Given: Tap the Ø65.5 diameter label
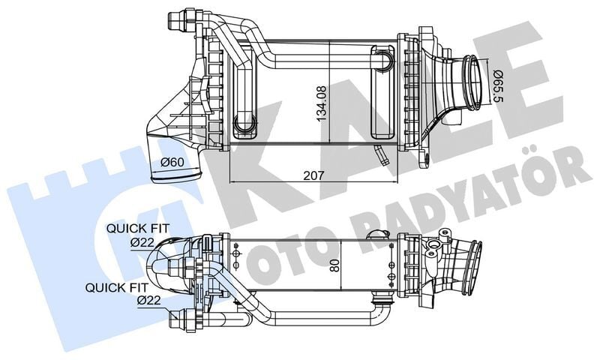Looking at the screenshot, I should click(x=496, y=85).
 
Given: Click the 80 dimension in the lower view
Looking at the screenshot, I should click(x=335, y=265).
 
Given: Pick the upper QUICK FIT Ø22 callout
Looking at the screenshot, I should click(x=137, y=235).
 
